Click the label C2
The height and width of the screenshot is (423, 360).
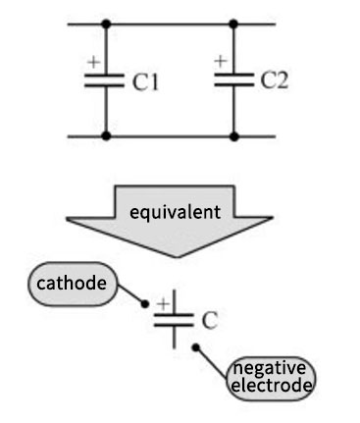(x=274, y=80)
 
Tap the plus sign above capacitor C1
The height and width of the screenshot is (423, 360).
(x=93, y=62)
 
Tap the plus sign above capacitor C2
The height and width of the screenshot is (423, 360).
(x=221, y=61)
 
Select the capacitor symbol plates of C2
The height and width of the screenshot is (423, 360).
(x=233, y=80)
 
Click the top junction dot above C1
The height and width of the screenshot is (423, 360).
(x=105, y=23)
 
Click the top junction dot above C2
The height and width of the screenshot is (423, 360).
(x=233, y=23)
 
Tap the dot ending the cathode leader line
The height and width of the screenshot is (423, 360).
(x=145, y=303)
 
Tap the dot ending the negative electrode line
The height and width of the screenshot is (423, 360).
(x=196, y=346)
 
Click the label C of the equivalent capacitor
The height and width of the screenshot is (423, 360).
(x=209, y=320)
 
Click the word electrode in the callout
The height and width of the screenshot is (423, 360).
(x=270, y=386)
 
